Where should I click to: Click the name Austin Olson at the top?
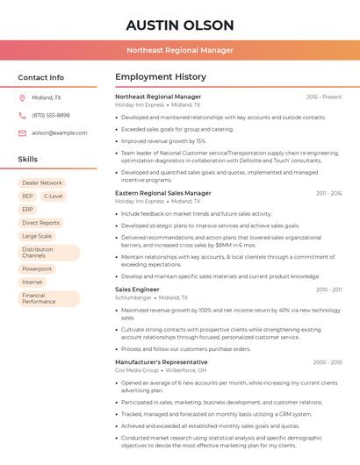pyautogui.click(x=179, y=25)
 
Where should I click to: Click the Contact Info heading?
pyautogui.click(x=41, y=77)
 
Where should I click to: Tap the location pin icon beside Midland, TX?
pyautogui.click(x=22, y=97)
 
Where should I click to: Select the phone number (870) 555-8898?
pyautogui.click(x=51, y=115)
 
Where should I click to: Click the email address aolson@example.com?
pyautogui.click(x=59, y=132)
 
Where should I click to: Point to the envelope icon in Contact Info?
pyautogui.click(x=22, y=132)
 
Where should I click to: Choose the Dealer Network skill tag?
pyautogui.click(x=42, y=182)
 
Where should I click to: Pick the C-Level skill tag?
pyautogui.click(x=53, y=196)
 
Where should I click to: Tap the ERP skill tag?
pyautogui.click(x=27, y=210)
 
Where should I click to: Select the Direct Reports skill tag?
pyautogui.click(x=41, y=223)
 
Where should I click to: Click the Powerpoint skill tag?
pyautogui.click(x=37, y=268)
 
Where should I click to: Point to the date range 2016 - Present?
pyautogui.click(x=324, y=97)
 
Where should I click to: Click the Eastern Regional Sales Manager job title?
pyautogui.click(x=163, y=192)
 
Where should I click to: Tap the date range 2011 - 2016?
pyautogui.click(x=328, y=193)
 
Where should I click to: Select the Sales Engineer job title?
pyautogui.click(x=137, y=289)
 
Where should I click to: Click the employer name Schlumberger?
pyautogui.click(x=133, y=297)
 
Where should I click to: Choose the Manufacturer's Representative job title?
pyautogui.click(x=162, y=361)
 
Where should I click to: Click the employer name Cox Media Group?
pyautogui.click(x=136, y=370)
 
